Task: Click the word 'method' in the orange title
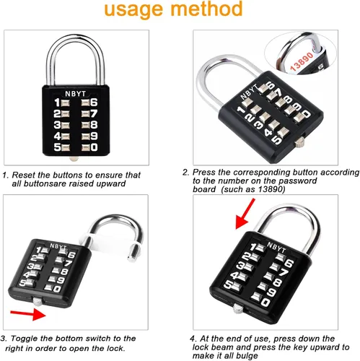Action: click(206, 9)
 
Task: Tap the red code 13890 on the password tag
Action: click(302, 62)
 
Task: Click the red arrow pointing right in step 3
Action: click(28, 314)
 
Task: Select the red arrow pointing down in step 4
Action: click(245, 214)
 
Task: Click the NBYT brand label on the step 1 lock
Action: click(75, 94)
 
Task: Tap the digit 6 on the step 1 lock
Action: click(94, 103)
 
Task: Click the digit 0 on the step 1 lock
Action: click(94, 147)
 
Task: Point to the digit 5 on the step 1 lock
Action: click(57, 147)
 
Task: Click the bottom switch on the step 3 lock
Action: click(38, 301)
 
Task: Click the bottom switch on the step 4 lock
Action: click(237, 308)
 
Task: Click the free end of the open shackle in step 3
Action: click(132, 258)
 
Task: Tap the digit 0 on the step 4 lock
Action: click(265, 302)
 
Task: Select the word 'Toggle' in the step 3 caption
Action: click(25, 339)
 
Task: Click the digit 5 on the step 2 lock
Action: click(276, 140)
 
